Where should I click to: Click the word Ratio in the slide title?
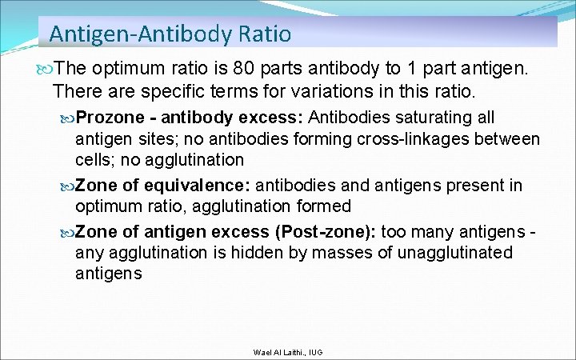click(x=264, y=34)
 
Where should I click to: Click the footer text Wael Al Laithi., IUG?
click(x=287, y=353)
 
